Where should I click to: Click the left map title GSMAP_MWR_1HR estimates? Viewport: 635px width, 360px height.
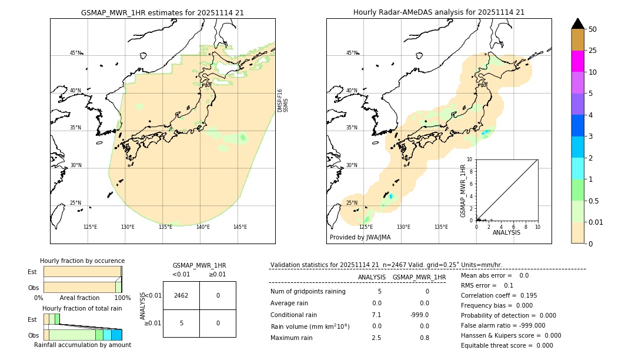coord(162,12)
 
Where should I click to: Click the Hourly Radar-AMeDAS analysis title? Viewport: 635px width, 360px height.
coord(439,12)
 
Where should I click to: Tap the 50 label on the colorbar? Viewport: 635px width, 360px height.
coord(593,29)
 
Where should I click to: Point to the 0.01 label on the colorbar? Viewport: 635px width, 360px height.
coord(597,222)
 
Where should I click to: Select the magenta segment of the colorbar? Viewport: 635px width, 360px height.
coord(577,61)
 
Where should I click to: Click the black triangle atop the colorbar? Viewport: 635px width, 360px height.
coord(577,24)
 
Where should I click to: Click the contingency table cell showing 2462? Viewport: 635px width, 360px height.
coord(181,295)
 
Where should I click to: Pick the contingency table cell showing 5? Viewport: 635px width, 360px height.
coord(181,323)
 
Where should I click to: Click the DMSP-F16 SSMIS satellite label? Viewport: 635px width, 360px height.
coord(283,101)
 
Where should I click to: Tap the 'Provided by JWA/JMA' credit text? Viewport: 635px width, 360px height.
coord(360,237)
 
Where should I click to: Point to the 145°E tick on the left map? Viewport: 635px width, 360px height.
coord(240,227)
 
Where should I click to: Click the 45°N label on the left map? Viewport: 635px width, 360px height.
coord(76,53)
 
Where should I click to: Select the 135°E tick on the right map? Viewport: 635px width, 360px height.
coord(441,227)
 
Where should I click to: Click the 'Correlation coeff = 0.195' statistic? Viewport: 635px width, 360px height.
coord(499,295)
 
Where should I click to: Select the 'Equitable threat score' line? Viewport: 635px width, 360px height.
coord(507,345)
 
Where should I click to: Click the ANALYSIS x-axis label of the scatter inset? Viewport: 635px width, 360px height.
coord(506,232)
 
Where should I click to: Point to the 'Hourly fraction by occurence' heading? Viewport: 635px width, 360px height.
coord(82,261)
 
